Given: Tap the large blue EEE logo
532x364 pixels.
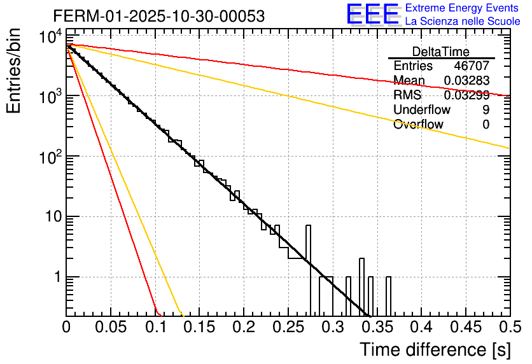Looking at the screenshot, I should click(x=372, y=14).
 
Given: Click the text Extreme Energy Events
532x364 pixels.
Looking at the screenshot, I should click(x=461, y=8).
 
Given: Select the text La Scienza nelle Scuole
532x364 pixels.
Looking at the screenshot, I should click(x=463, y=21).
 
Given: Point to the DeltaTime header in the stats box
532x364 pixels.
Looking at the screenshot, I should click(x=441, y=52).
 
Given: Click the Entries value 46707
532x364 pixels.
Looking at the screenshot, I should click(x=472, y=66).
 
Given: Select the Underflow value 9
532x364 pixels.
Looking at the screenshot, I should click(x=486, y=109).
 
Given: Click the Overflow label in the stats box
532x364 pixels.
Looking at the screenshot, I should click(x=418, y=124).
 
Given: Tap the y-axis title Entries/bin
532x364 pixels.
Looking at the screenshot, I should click(x=17, y=71).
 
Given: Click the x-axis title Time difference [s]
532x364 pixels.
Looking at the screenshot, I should click(x=434, y=349).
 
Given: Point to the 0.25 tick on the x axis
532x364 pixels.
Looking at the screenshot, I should click(x=288, y=327).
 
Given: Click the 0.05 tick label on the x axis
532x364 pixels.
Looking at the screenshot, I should click(x=111, y=327).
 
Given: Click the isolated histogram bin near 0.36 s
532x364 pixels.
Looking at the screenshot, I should click(x=388, y=296).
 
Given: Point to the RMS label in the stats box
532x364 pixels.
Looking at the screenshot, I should click(x=407, y=95).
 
